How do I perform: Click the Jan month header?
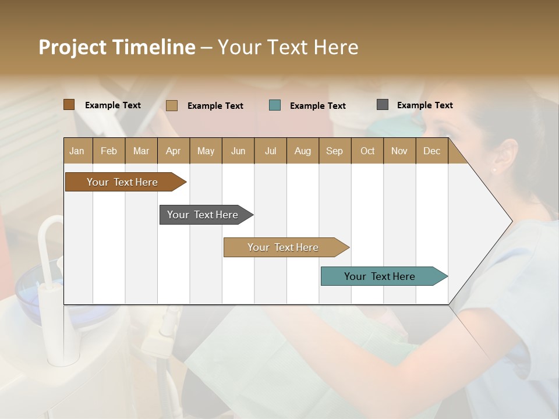click(x=77, y=151)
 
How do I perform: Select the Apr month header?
click(x=174, y=151)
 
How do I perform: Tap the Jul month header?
click(x=270, y=151)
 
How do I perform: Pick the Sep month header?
click(x=335, y=151)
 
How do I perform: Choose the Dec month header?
click(x=431, y=151)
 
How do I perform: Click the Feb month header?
click(x=109, y=151)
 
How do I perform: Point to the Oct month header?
click(x=367, y=151)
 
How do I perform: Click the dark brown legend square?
click(x=69, y=105)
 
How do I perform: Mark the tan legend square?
click(x=172, y=105)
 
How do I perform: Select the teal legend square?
click(x=275, y=105)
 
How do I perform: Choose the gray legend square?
click(x=383, y=105)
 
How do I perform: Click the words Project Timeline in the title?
click(x=117, y=47)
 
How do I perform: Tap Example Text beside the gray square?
click(x=424, y=105)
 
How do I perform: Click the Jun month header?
click(x=238, y=151)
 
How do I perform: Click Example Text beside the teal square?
click(x=317, y=106)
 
